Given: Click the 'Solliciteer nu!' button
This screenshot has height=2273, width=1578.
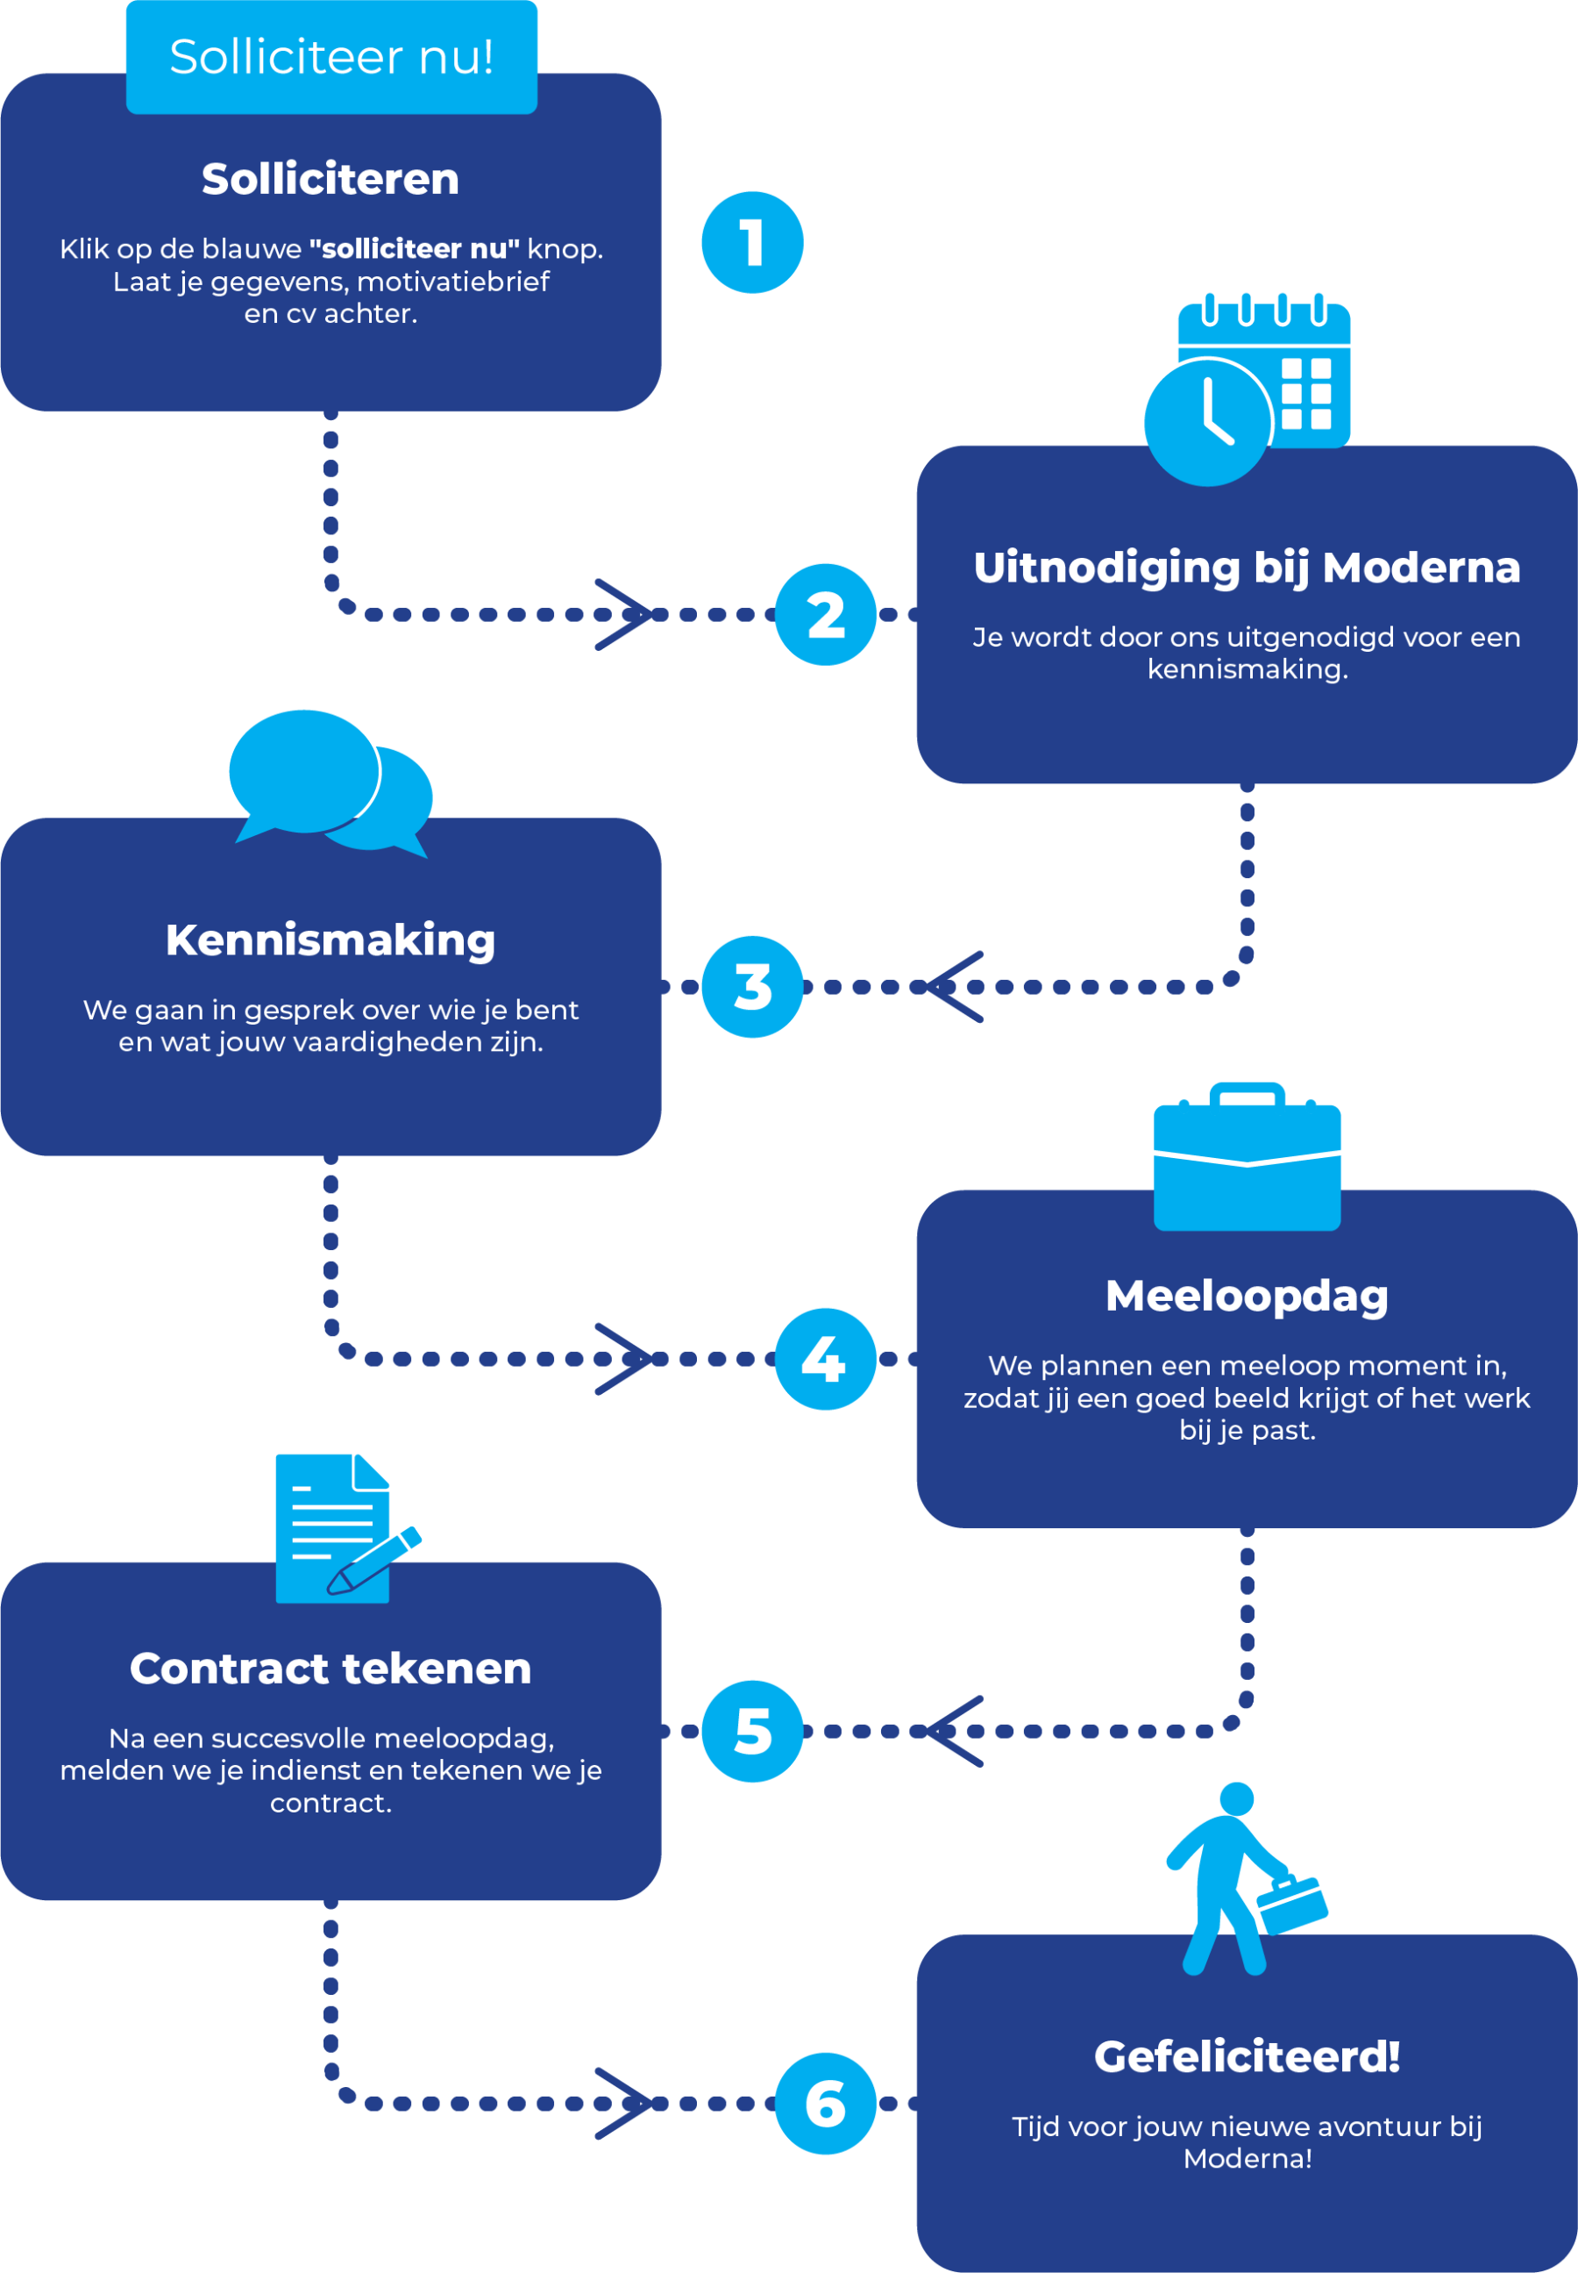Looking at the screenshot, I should click(x=331, y=57).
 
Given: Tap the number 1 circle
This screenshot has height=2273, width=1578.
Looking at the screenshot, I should click(x=751, y=242).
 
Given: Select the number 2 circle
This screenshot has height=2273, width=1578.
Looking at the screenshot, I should click(x=826, y=614).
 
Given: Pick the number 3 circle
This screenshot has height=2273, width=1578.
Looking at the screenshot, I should click(x=751, y=986).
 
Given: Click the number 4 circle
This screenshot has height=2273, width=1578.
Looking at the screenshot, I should click(x=826, y=1358).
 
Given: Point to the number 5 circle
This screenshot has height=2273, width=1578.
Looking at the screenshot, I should click(x=751, y=1731).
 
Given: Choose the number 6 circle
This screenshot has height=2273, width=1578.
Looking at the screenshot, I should click(x=826, y=2103).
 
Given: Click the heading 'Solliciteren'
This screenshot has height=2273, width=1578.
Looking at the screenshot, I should click(x=331, y=179).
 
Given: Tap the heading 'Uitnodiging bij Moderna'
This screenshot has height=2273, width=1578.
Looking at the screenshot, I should click(x=1247, y=568).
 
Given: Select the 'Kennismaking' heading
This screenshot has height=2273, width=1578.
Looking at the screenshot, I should click(x=331, y=940).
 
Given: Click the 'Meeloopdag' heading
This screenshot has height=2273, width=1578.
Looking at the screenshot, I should click(x=1247, y=1296).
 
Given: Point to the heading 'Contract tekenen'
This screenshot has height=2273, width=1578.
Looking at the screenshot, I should click(x=331, y=1669).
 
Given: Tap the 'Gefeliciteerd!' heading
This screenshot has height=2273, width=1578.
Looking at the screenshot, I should click(x=1247, y=2056).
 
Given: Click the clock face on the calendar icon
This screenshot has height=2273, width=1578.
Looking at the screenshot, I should click(x=1207, y=422).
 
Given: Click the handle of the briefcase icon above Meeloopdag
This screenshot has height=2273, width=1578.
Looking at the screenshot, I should click(x=1247, y=1092).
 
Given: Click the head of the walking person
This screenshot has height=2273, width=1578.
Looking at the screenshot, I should click(x=1237, y=1798).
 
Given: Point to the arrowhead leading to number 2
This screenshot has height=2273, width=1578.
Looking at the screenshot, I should click(x=623, y=614).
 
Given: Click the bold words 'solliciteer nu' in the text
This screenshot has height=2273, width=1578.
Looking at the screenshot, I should click(x=415, y=248).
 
